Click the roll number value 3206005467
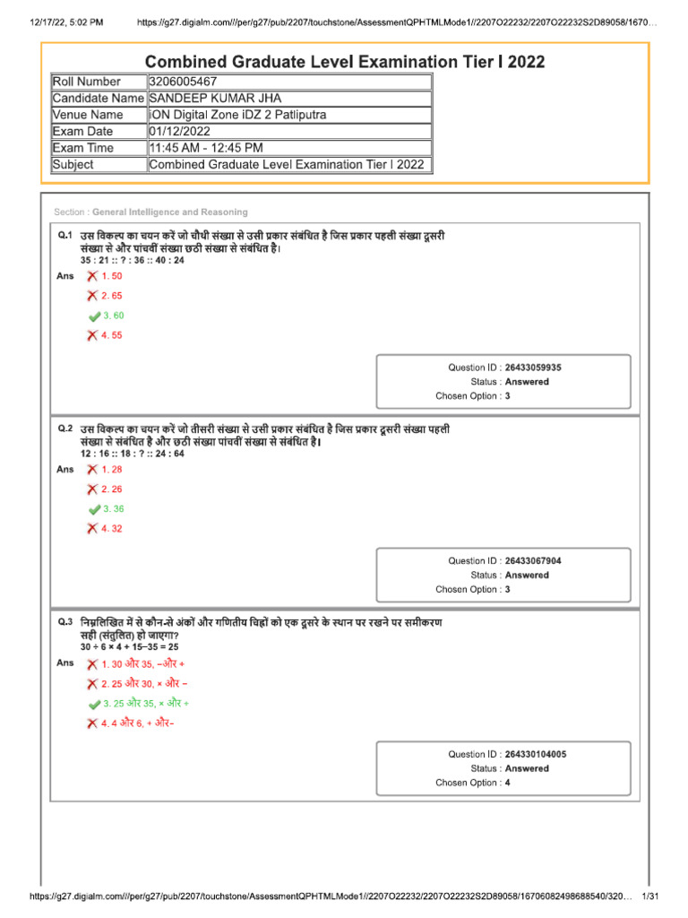[184, 82]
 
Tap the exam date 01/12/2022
[179, 132]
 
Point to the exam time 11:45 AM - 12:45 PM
[206, 148]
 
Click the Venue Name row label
[88, 115]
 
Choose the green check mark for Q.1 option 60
[94, 316]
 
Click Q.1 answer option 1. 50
[112, 276]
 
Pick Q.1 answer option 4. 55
[112, 335]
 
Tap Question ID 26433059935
[533, 368]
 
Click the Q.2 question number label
[64, 429]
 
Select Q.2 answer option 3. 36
[113, 509]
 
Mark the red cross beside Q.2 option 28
[92, 470]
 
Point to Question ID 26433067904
[533, 561]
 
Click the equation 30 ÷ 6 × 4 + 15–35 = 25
[129, 646]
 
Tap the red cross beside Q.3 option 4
[92, 723]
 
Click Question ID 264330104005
[535, 755]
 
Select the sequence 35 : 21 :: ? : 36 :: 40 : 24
[132, 260]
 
